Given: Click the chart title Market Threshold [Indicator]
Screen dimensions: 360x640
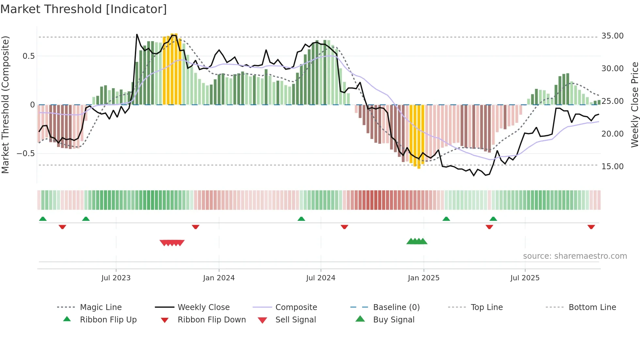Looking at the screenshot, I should coord(84,9).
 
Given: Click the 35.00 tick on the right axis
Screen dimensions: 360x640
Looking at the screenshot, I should coord(612,36).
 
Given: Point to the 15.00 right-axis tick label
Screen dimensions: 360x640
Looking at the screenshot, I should coord(612,167).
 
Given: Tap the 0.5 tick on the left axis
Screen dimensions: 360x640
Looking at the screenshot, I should coord(28,56).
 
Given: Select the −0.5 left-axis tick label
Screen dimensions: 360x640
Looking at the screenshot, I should coord(25,154).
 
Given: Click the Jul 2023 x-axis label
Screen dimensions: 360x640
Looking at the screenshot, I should coord(116,278).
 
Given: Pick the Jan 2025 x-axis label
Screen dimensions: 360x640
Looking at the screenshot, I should coord(424,278).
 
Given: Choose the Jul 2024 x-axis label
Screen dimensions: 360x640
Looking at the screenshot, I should coord(321,278).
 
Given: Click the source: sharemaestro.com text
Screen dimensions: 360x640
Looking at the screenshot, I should coord(575,256).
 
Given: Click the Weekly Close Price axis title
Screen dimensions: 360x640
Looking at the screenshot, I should coord(634,105).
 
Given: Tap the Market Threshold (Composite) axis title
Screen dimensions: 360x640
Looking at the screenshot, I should coord(5,105).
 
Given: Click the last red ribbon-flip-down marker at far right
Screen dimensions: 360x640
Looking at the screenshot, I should coord(591,227).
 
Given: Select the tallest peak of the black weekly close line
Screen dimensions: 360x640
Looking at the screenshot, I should coord(137,34).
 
